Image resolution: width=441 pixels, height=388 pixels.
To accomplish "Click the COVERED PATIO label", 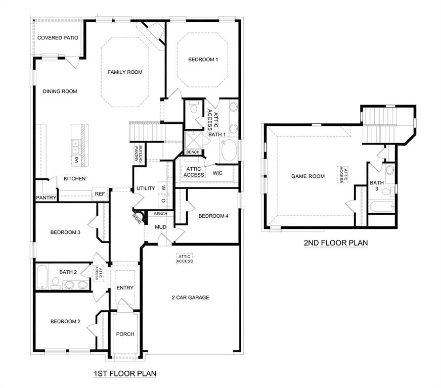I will (x=57, y=38).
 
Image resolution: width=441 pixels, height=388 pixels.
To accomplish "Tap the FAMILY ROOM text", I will (x=125, y=72).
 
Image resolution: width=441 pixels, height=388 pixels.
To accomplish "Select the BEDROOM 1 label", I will (x=203, y=60).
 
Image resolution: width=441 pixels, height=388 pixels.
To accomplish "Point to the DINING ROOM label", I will (x=60, y=91).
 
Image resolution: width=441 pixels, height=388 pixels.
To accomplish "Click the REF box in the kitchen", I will (x=100, y=194).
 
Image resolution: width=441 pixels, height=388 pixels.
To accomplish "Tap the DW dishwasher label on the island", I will (x=76, y=160).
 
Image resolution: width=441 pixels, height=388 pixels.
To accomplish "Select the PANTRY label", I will (x=46, y=198).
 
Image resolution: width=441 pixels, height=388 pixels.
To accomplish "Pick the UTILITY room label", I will (x=146, y=188).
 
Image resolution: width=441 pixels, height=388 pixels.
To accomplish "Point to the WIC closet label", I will (x=217, y=173).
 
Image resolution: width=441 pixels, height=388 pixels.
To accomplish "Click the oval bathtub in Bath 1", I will (x=229, y=151).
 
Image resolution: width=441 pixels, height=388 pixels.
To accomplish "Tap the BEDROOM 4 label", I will (x=213, y=216).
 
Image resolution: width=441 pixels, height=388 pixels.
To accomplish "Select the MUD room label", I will (x=161, y=227).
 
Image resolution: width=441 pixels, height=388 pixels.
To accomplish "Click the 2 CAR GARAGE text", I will (x=190, y=298).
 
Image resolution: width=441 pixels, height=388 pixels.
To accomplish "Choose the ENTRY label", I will (x=125, y=288).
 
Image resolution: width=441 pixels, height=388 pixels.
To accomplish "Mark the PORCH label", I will (x=125, y=334).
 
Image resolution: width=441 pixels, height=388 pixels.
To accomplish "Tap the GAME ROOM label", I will (x=308, y=176).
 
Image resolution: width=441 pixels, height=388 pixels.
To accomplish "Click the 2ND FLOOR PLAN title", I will (x=335, y=243).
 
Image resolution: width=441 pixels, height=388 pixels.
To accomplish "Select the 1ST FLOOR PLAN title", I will (x=125, y=374).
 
